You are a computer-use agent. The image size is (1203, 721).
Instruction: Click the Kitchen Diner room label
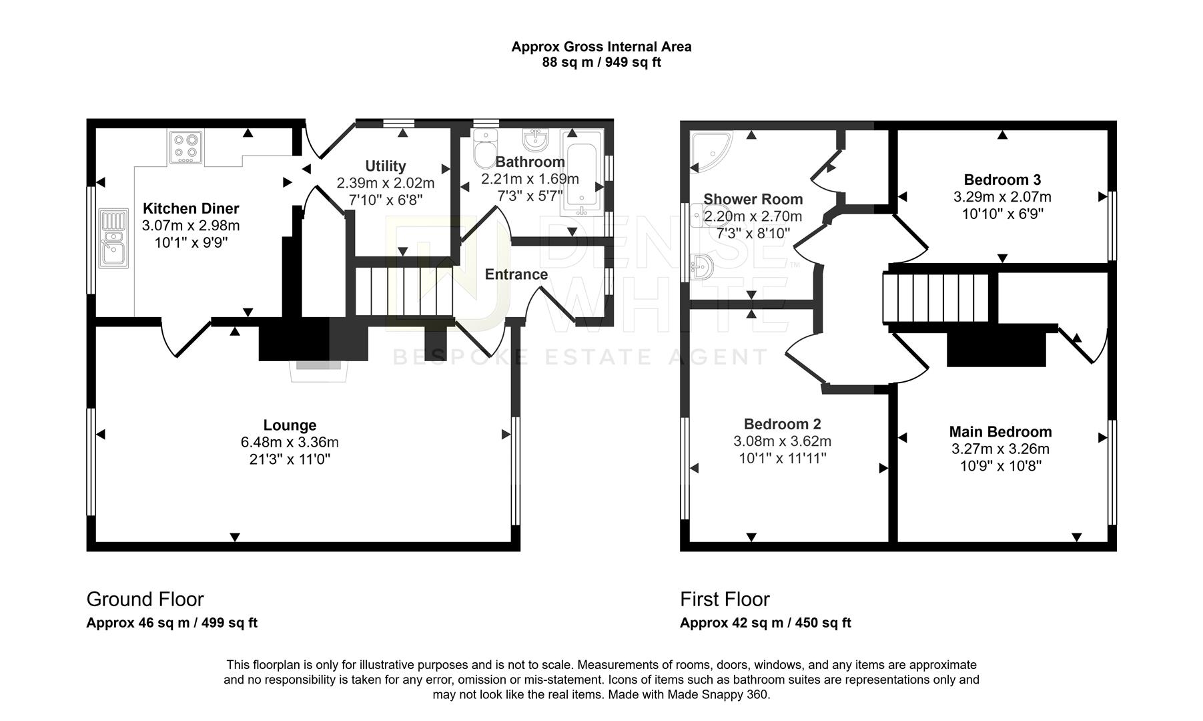pyautogui.click(x=191, y=208)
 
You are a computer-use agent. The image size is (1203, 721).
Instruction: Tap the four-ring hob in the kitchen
pyautogui.click(x=186, y=148)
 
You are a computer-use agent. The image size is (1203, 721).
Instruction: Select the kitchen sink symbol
pyautogui.click(x=113, y=238)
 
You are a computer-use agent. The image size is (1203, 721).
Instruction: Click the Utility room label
pyautogui.click(x=385, y=166)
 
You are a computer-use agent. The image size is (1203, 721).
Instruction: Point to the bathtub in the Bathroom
pyautogui.click(x=582, y=172)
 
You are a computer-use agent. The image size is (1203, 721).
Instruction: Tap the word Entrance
pyautogui.click(x=516, y=274)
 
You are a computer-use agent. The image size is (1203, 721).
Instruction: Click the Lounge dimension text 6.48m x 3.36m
pyautogui.click(x=290, y=442)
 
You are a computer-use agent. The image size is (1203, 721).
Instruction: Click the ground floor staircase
pyautogui.click(x=403, y=291)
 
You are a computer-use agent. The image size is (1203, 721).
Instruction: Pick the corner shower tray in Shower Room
pyautogui.click(x=709, y=149)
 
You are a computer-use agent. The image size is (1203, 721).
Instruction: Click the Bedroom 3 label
pyautogui.click(x=1002, y=180)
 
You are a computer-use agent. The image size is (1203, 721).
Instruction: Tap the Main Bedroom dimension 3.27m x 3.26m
pyautogui.click(x=1000, y=449)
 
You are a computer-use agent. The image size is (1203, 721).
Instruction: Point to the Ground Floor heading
pyautogui.click(x=145, y=599)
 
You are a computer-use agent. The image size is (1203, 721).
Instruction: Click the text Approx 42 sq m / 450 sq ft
pyautogui.click(x=765, y=623)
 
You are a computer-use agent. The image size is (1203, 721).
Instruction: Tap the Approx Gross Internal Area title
pyautogui.click(x=601, y=47)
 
